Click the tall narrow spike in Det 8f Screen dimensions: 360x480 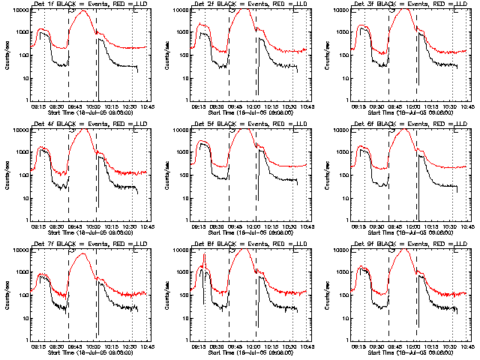(x=204, y=256)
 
